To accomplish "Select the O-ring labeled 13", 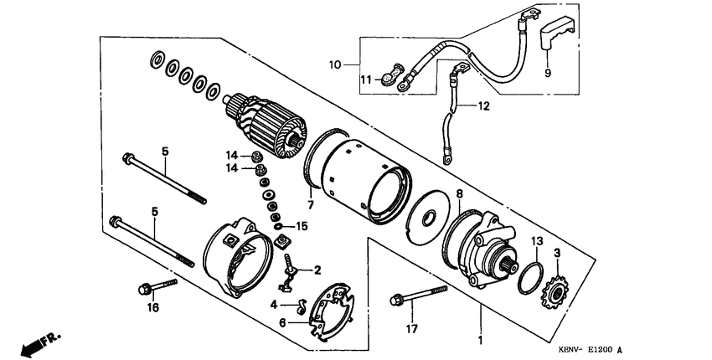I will (528, 278).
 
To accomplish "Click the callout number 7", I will (309, 203).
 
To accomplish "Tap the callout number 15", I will (302, 226).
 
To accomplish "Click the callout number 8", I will (458, 194).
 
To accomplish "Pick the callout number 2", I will (317, 270).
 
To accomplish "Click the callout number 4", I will (273, 304).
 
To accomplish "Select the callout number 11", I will (365, 79).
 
